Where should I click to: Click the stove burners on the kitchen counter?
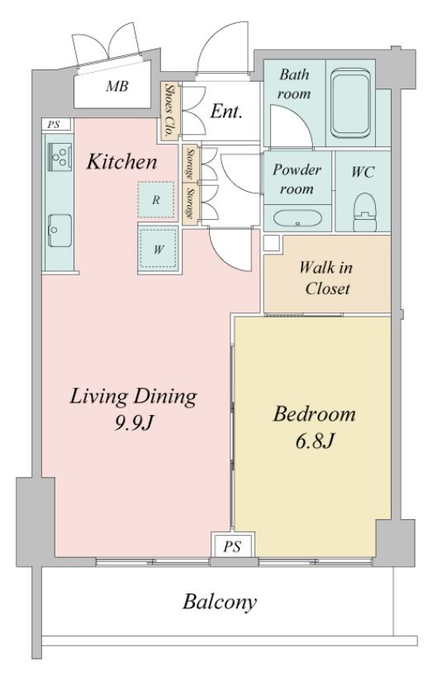59,154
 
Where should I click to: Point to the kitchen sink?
58,225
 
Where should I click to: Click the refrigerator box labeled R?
155,199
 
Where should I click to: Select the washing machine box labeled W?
156,248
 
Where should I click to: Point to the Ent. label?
226,110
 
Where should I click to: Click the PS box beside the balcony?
232,546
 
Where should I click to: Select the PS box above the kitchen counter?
54,125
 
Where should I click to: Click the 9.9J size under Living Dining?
132,424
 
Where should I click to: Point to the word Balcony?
220,601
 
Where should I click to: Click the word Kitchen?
121,161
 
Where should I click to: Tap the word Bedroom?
315,413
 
